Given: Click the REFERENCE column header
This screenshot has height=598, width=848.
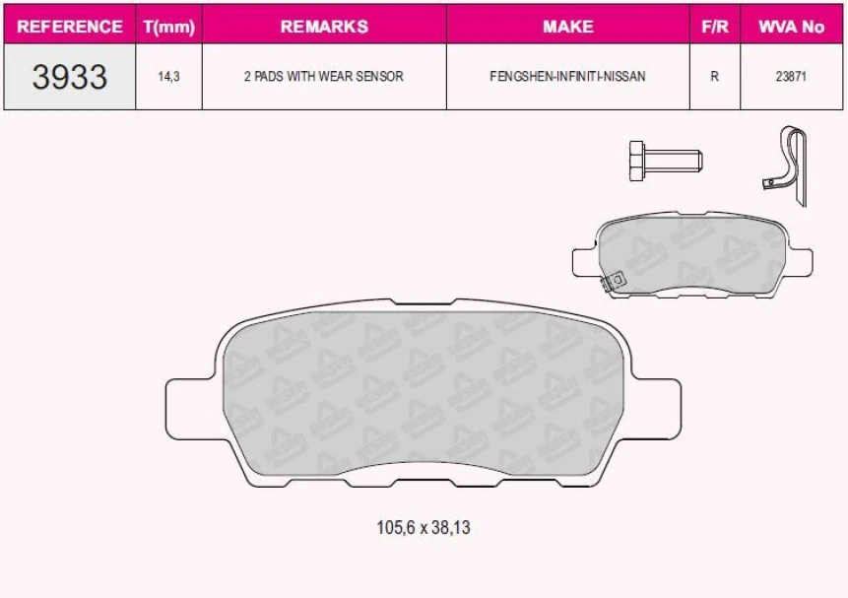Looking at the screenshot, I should coord(70,27).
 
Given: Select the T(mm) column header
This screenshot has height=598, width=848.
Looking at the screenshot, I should coord(168,27).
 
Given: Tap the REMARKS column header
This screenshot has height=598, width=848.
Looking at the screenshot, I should coord(324,27).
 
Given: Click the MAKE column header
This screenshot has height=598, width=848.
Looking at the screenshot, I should coord(567,27).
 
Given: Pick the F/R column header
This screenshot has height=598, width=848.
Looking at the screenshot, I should coord(714,27).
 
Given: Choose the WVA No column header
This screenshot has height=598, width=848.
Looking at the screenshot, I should coord(791,27).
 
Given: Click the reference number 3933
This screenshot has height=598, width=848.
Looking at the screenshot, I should coord(70,77).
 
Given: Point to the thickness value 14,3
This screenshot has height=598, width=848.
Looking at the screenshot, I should coord(168,77).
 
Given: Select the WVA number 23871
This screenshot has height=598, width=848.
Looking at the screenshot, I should coord(791,77).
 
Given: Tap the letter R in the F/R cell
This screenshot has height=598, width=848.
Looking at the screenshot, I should coord(714,77).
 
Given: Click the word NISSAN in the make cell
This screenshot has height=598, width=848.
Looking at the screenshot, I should coord(626,77).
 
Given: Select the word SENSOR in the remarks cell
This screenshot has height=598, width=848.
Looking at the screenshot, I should coord(381,77).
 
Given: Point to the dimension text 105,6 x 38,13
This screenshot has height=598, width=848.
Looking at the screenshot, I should coord(424,528).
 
